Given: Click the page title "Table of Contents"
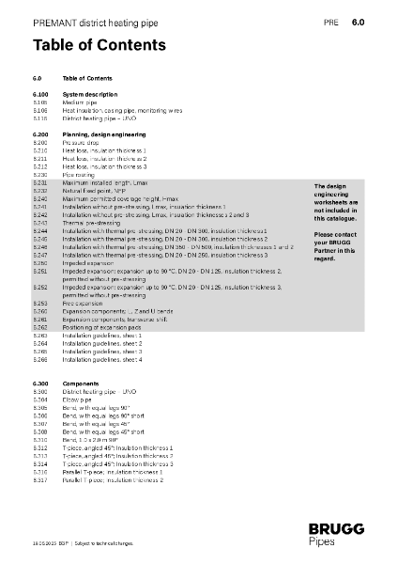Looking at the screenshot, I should click(99, 45).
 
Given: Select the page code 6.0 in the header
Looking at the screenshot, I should click(358, 21).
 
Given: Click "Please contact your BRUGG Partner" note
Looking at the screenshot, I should click(335, 247).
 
